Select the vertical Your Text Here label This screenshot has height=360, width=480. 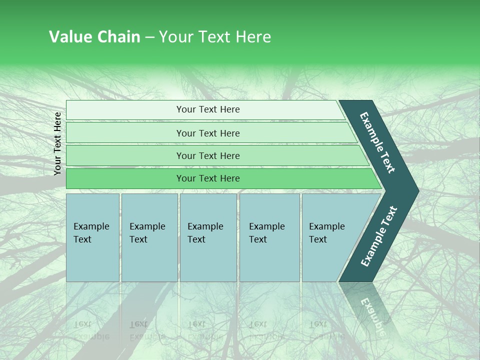pos(57,143)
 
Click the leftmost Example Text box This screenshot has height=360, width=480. pos(92,237)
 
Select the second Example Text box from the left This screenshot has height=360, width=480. pos(149,237)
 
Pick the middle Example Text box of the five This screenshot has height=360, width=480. pos(208,237)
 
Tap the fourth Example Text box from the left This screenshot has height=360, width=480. pos(269,237)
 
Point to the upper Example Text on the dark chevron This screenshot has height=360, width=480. pos(377,142)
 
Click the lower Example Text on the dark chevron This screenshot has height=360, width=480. pos(378,236)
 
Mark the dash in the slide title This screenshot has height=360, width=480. pos(149,37)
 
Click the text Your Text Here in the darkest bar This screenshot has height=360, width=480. pos(208,178)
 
